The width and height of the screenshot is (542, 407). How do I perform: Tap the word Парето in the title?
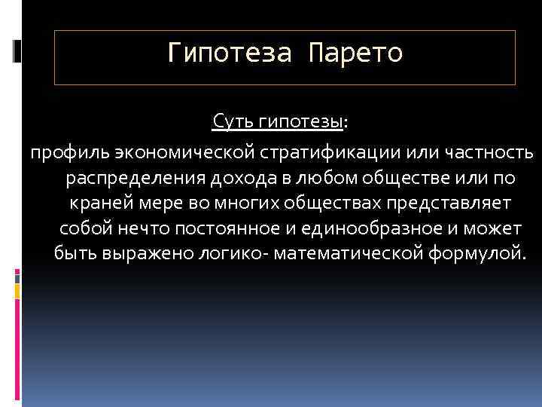pos(355,54)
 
